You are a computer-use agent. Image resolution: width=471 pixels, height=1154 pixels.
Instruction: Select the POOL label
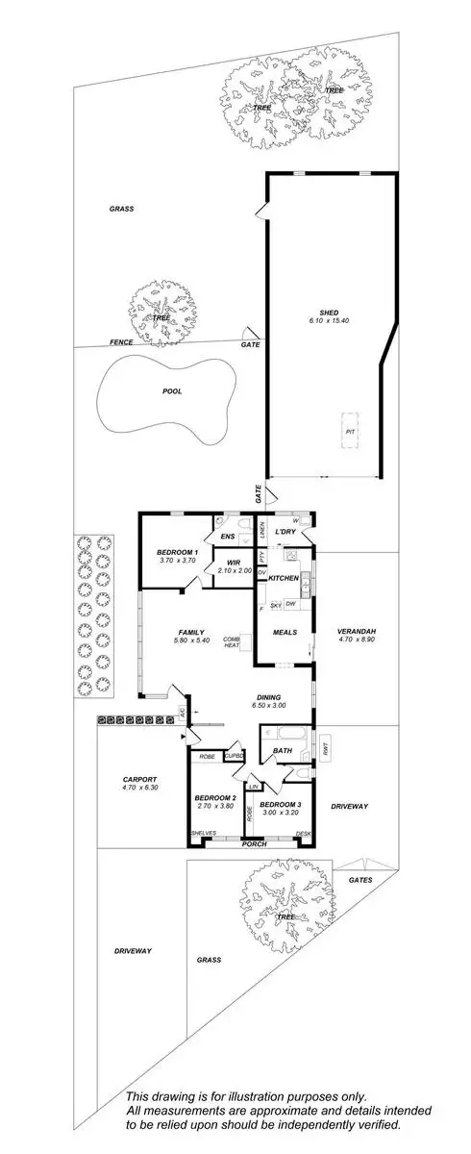pos(171,391)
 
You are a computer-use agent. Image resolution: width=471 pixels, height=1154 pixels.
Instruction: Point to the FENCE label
pos(120,342)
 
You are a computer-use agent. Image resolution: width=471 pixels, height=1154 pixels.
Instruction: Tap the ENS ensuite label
pos(228,536)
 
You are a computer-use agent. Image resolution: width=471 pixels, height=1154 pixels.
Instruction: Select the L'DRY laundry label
pos(285,532)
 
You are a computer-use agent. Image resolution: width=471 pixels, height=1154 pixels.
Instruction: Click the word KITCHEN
pos(284,578)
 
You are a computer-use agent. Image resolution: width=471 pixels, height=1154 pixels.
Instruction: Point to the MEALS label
pos(284,633)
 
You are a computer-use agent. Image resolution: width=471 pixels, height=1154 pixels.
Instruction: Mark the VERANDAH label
pos(356,631)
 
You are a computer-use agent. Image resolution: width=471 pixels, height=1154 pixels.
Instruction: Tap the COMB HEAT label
pos(231,641)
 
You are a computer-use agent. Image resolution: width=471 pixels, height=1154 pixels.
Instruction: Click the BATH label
pos(282,751)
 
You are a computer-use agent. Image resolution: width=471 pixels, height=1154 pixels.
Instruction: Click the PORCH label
pos(254,844)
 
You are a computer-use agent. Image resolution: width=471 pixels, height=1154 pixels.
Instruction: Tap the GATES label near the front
pos(360,880)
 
